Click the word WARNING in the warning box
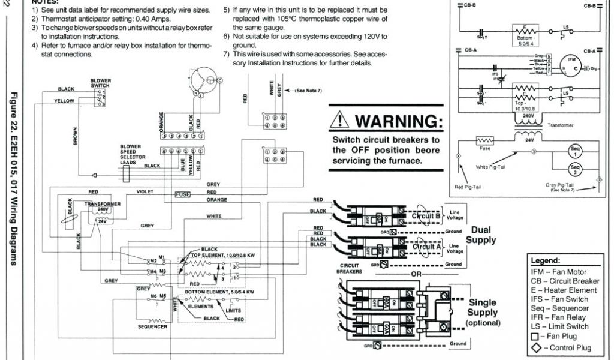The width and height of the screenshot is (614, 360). [x=399, y=122]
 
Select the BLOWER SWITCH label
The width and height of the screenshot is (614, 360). [x=101, y=83]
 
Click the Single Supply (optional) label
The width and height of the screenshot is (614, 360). [x=483, y=313]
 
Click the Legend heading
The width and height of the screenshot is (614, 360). [x=546, y=261]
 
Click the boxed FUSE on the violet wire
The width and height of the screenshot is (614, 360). [x=183, y=194]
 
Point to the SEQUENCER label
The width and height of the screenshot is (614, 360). [x=152, y=327]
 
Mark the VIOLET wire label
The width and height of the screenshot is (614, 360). [x=145, y=191]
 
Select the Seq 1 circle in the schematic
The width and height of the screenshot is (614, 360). [x=576, y=151]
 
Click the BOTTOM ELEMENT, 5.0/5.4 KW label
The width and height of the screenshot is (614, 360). [x=219, y=292]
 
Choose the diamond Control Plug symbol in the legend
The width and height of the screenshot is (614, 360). [x=534, y=348]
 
